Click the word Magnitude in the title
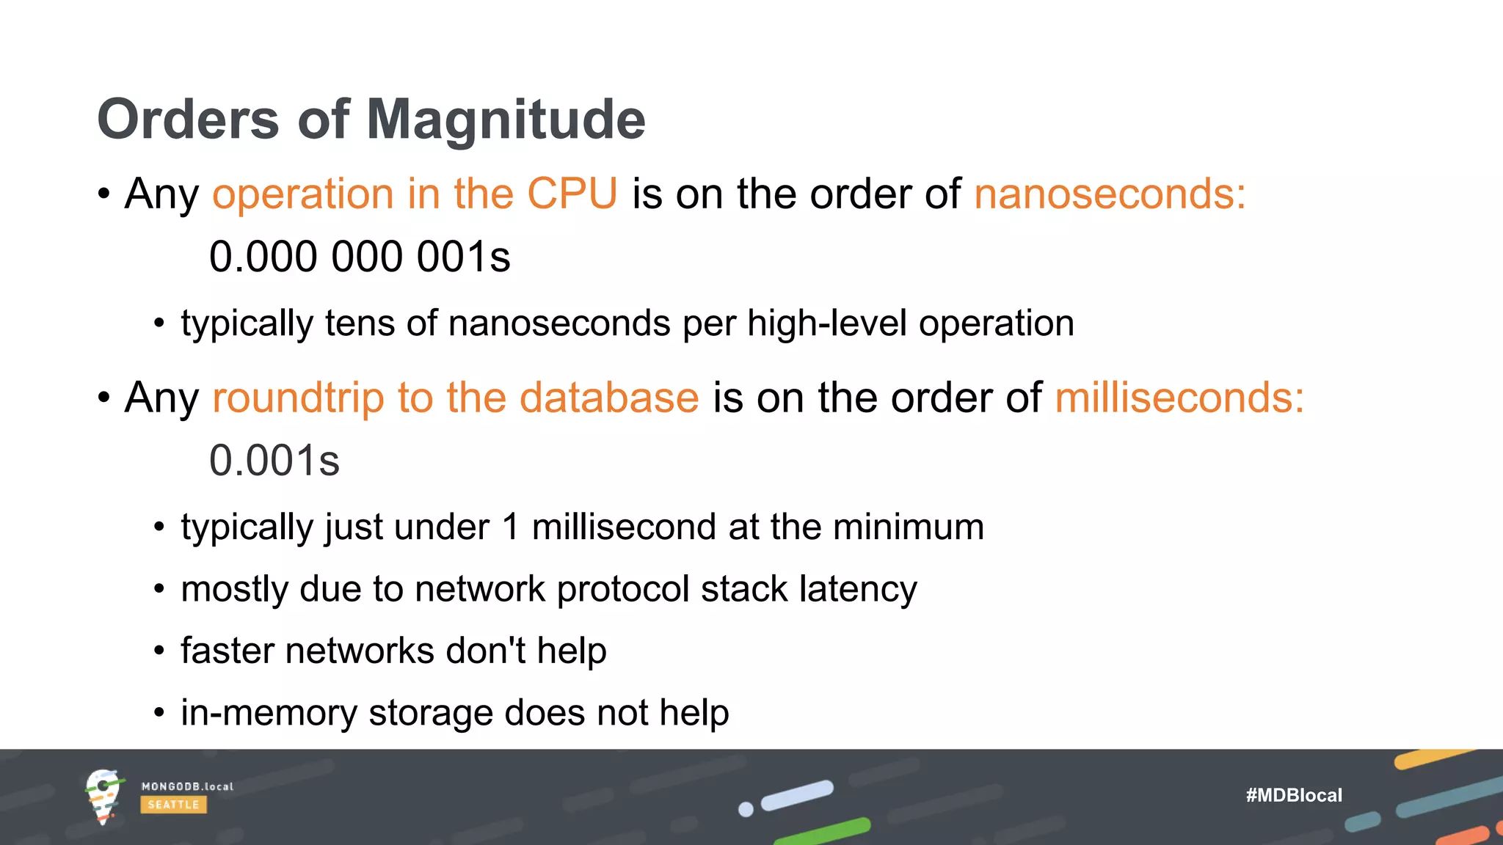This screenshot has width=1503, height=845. point(506,120)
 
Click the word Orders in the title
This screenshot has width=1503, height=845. point(188,120)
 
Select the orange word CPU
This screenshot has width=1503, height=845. point(572,194)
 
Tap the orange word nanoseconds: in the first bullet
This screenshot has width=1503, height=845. point(1110,194)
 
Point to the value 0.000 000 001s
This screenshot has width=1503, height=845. point(360,257)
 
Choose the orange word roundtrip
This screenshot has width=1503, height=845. point(298,398)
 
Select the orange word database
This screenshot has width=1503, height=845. point(609,398)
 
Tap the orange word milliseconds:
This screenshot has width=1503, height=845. point(1179,398)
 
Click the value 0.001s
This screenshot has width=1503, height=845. point(274,461)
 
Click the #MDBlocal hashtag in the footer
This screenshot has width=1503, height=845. point(1294,795)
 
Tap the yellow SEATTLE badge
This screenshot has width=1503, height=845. point(173,805)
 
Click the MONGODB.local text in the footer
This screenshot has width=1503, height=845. point(187,786)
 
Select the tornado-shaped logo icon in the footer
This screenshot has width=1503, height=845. point(103,797)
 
